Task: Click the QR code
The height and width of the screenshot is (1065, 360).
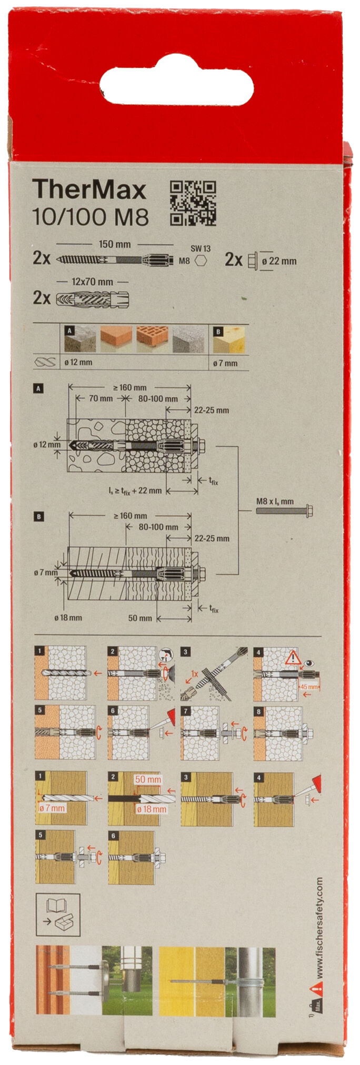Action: point(193,203)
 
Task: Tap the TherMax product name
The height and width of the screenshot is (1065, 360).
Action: point(89,190)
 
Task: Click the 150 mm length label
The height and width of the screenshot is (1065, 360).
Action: point(115,244)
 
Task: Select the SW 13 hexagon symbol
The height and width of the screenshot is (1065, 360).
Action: point(201,260)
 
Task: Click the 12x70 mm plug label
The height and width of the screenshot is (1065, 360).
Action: point(92,282)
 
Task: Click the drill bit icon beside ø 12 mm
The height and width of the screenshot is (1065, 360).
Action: point(45,363)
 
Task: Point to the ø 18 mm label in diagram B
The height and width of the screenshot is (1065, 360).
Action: point(68,617)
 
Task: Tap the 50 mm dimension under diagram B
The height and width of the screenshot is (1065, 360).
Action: point(140,618)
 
